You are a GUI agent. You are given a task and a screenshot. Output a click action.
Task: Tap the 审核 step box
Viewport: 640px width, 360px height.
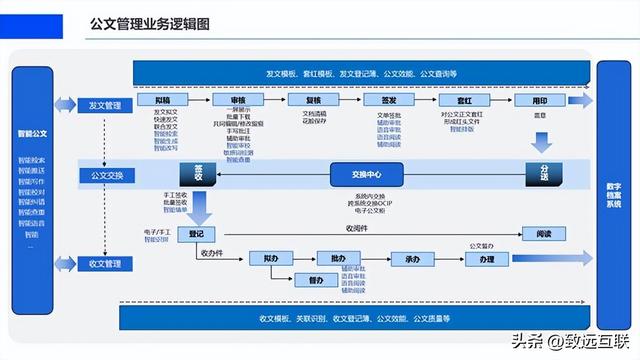tap(239, 101)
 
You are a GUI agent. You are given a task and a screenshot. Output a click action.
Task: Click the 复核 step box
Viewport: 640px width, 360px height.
tap(312, 101)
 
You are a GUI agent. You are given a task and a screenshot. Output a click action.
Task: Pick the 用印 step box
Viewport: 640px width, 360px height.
tap(540, 101)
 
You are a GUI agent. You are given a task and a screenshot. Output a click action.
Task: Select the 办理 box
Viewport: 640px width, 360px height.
tap(487, 259)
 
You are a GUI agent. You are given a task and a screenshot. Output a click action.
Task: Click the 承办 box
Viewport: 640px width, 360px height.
tap(412, 259)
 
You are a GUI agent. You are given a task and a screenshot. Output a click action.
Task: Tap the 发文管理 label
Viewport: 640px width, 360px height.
tap(105, 105)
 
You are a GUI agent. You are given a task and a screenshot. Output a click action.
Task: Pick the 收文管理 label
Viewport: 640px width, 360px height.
tap(105, 264)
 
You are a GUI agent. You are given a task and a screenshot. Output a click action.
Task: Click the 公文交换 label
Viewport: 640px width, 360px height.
tap(105, 176)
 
